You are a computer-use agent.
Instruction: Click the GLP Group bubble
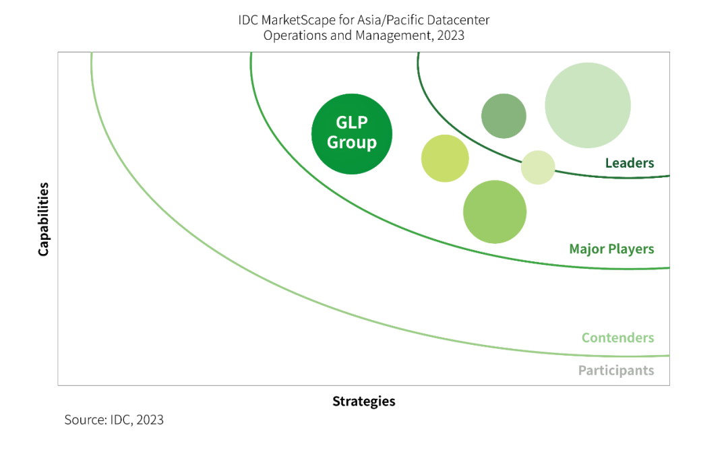351,133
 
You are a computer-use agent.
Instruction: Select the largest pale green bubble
587,105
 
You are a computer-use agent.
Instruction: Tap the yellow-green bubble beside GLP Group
445,158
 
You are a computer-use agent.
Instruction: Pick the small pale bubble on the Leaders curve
538,167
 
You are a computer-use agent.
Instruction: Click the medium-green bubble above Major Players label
494,212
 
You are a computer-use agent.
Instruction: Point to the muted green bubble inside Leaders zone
504,116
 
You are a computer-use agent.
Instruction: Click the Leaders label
629,163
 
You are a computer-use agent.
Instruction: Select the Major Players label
611,249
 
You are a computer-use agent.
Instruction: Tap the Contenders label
617,337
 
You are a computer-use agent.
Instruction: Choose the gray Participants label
615,371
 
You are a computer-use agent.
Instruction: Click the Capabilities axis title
44,219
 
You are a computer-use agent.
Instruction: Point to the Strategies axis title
363,401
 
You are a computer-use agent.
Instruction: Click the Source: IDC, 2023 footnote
114,420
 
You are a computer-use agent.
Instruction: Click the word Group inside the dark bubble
351,143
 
